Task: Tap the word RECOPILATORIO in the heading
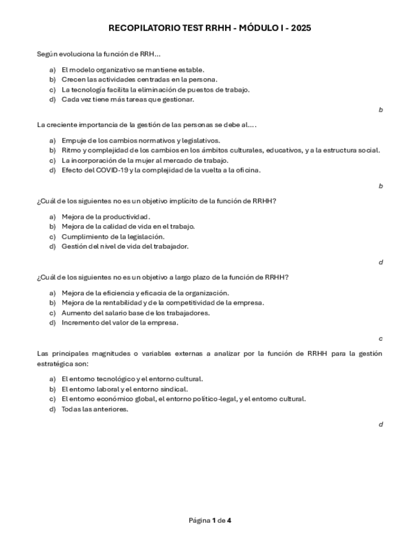click(x=139, y=28)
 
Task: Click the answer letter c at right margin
click(x=380, y=338)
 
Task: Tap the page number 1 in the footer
click(x=214, y=520)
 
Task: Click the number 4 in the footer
click(x=229, y=520)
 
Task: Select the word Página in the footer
click(x=199, y=520)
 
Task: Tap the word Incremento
click(x=81, y=323)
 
